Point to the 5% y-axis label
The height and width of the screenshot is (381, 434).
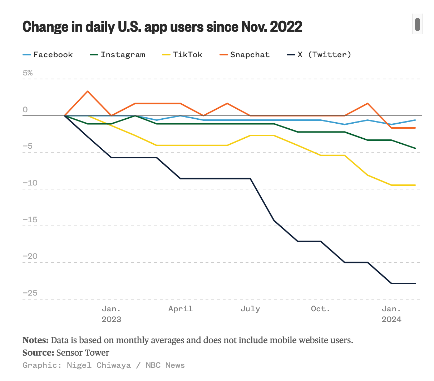[x=28, y=73]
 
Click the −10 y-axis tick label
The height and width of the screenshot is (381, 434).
[x=30, y=183]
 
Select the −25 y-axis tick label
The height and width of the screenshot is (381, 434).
[x=30, y=293]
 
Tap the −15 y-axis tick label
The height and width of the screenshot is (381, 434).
[x=30, y=220]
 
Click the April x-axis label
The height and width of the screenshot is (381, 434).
[x=181, y=309]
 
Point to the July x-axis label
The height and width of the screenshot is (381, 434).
[x=250, y=309]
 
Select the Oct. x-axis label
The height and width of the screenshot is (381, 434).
[x=320, y=309]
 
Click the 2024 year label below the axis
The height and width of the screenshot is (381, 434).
[x=391, y=320]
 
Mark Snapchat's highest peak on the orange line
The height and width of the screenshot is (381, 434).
[x=88, y=91]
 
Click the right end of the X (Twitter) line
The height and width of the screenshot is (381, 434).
[x=415, y=283]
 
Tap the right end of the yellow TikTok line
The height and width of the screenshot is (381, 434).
[x=415, y=185]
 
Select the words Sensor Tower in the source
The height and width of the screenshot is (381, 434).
[x=83, y=353]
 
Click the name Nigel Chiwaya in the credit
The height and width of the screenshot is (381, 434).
[x=99, y=365]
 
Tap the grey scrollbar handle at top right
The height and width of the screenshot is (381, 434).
[x=417, y=24]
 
